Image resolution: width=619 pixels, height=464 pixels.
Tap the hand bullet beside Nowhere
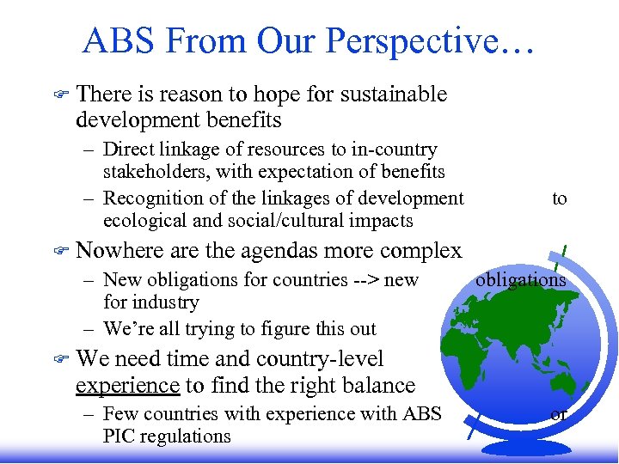click(60, 251)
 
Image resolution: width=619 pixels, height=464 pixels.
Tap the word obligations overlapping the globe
click(520, 280)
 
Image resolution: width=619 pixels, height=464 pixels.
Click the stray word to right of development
click(559, 198)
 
